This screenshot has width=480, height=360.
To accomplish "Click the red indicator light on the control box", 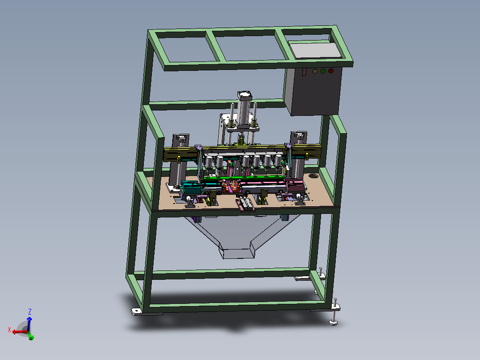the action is (330, 71).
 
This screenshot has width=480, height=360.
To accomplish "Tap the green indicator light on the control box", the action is (323, 71).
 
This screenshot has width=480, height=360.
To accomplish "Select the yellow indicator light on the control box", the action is (315, 71).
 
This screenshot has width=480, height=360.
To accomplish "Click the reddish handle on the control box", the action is (304, 72).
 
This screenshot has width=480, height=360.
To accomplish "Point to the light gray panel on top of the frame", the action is (315, 50).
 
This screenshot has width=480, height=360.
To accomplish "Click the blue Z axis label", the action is (30, 312).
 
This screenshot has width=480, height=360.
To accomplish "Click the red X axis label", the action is (9, 330).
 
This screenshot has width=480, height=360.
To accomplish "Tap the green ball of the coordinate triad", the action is (31, 338).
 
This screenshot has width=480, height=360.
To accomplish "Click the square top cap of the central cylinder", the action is (245, 96).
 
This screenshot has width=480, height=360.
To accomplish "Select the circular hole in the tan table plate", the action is (313, 176).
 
